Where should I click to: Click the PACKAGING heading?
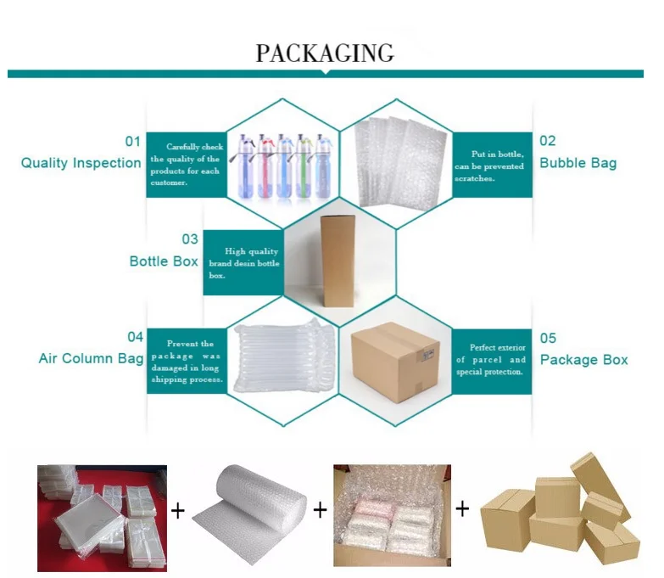[325, 53]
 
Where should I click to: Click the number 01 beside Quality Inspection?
[132, 141]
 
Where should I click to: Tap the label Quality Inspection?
[81, 163]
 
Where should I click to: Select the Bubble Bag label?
[578, 162]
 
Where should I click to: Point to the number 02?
[547, 141]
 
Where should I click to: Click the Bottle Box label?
[164, 261]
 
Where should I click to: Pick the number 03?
[189, 240]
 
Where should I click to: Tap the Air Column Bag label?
[91, 358]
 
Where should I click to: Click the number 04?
[135, 337]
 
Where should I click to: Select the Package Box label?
[583, 360]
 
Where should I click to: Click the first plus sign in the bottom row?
[178, 510]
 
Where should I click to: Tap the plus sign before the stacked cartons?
[462, 509]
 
